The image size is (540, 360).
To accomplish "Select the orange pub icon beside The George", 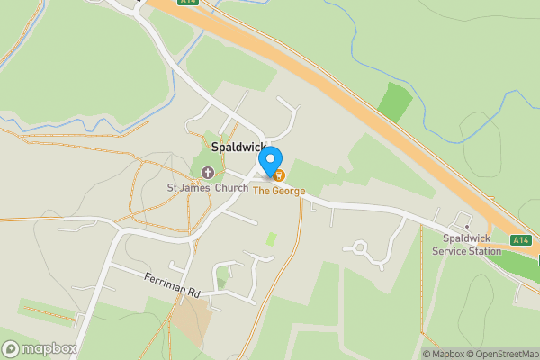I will pyautogui.click(x=279, y=175).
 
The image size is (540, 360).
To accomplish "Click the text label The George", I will pyautogui.click(x=278, y=191).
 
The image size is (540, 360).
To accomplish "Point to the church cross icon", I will pyautogui.click(x=209, y=172).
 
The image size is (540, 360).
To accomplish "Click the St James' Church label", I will pyautogui.click(x=208, y=189).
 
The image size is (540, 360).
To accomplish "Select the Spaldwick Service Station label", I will pyautogui.click(x=472, y=245).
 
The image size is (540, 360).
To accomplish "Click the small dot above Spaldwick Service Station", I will pyautogui.click(x=467, y=226).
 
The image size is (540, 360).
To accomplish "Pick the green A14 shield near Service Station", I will pyautogui.click(x=519, y=240).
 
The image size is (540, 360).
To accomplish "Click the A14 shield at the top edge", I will pyautogui.click(x=186, y=3).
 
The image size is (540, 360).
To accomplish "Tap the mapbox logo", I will pyautogui.click(x=40, y=348).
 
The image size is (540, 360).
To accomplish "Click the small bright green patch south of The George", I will pyautogui.click(x=271, y=239).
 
